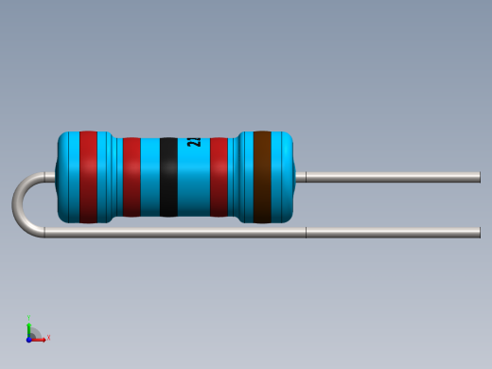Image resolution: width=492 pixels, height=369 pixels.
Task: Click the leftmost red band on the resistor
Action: click(x=88, y=177)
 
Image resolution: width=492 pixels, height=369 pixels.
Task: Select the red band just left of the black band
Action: click(x=132, y=177)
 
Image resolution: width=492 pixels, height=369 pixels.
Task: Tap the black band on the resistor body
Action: click(x=168, y=177)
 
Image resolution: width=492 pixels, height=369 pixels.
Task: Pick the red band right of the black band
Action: click(x=219, y=177)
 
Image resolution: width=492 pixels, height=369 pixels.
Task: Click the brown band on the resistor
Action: click(x=262, y=177)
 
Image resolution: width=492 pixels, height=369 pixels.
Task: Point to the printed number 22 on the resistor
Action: click(x=194, y=143)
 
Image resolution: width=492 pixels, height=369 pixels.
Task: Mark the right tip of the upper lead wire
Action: click(x=478, y=177)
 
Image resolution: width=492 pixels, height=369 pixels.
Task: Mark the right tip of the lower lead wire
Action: click(x=478, y=233)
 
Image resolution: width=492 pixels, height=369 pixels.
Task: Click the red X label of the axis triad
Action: click(x=48, y=338)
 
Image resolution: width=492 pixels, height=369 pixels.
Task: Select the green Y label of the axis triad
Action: click(x=29, y=319)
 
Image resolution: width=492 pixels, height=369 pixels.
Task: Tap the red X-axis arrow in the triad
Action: click(x=41, y=339)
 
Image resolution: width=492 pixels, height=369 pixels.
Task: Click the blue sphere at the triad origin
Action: click(x=29, y=338)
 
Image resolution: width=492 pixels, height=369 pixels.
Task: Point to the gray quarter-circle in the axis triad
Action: click(x=34, y=333)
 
